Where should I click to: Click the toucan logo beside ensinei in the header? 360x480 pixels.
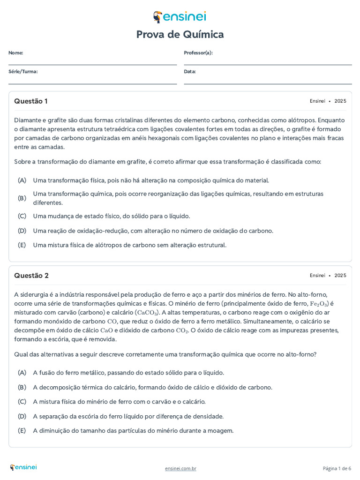158,17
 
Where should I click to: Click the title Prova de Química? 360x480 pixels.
180,34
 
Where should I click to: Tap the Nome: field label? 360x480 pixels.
15,53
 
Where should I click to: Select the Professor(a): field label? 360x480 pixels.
198,53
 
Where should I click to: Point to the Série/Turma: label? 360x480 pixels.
23,72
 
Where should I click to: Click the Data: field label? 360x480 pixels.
190,72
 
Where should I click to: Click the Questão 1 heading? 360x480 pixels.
31,101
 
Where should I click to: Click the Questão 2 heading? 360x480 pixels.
31,276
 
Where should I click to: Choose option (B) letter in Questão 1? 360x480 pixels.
22,198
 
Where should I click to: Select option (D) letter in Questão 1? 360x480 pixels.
22,231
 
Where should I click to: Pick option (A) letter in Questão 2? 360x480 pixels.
22,373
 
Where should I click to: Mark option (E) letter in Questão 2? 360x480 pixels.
22,431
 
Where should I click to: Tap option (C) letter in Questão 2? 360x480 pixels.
22,402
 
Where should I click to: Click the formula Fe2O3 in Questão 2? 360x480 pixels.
319,304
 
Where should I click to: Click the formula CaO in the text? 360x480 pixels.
107,330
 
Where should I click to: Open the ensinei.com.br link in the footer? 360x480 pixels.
180,468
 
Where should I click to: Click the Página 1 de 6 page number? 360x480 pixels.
337,468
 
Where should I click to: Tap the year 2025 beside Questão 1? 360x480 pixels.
340,101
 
